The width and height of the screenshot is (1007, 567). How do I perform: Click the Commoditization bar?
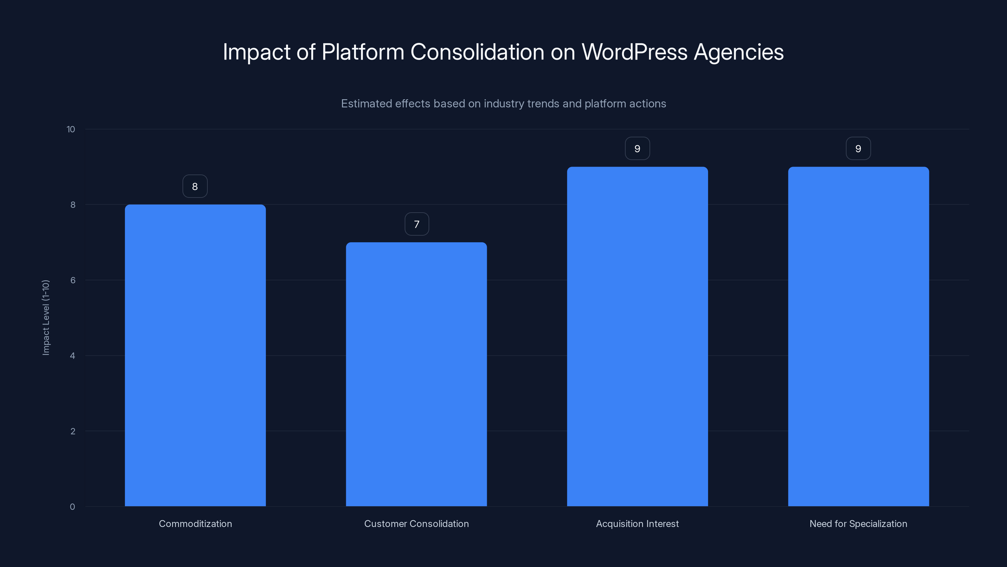tap(195, 355)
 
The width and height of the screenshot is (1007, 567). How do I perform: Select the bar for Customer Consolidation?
tap(416, 374)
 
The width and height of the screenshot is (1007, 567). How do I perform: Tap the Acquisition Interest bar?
tap(637, 336)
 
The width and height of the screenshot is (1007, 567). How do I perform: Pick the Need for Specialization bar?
tap(858, 336)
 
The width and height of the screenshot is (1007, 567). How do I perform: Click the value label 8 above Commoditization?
tap(195, 186)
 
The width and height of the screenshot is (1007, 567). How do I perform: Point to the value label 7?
tap(417, 224)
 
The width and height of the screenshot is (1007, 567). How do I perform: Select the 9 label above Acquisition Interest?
tap(637, 149)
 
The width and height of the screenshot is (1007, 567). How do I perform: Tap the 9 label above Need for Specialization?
tap(858, 149)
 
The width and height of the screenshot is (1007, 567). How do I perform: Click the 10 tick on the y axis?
tap(71, 129)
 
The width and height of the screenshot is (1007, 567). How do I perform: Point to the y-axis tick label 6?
tap(73, 280)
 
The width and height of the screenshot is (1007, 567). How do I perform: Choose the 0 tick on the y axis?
tap(72, 507)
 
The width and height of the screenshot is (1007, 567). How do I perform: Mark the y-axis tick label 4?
tap(72, 356)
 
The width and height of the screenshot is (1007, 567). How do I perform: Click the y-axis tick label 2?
tap(73, 431)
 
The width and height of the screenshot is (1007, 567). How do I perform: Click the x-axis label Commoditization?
tap(195, 524)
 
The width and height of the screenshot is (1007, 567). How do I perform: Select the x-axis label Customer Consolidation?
tap(416, 524)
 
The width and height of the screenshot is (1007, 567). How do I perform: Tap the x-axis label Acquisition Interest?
tap(637, 524)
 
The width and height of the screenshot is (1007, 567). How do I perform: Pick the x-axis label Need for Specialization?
tap(858, 524)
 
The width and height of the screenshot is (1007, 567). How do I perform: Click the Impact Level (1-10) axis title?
tap(46, 317)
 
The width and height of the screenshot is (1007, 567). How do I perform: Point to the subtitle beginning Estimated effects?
tap(503, 104)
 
